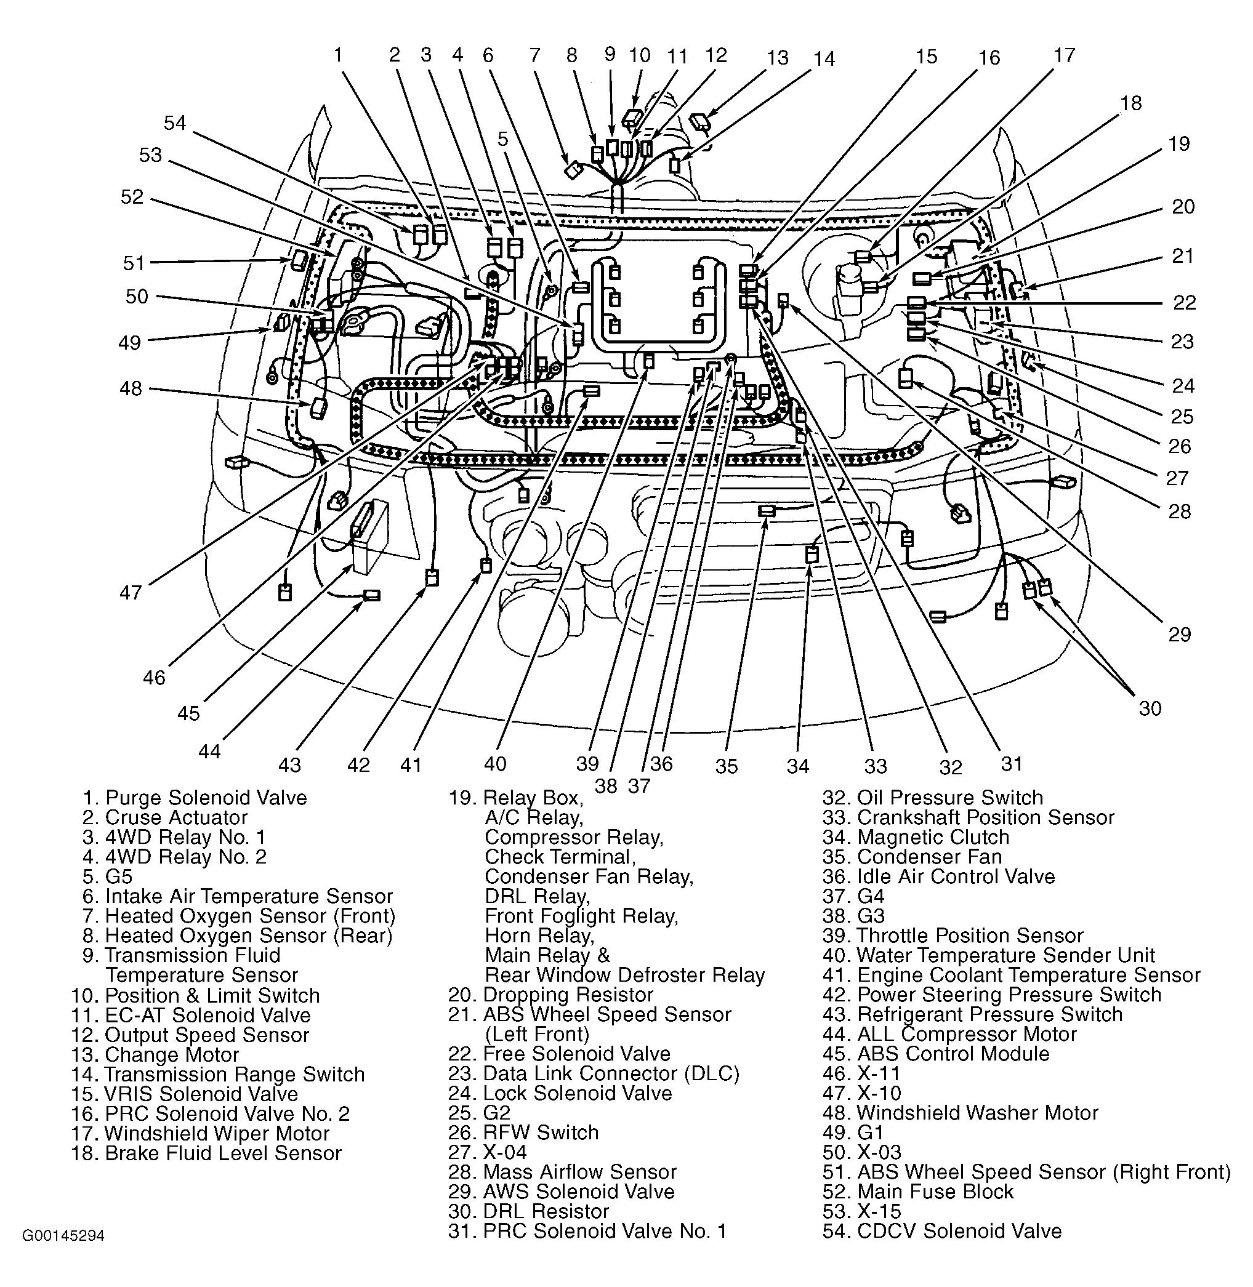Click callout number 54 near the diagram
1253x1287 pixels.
point(175,123)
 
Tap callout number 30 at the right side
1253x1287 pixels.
point(1150,708)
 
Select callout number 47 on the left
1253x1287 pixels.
point(131,593)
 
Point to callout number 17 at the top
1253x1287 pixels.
point(1064,55)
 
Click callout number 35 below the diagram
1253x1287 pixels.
point(726,766)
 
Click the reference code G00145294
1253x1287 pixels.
point(64,1236)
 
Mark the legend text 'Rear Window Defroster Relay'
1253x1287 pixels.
point(624,974)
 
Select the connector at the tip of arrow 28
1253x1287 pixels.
point(906,379)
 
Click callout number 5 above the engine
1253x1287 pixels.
point(503,139)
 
